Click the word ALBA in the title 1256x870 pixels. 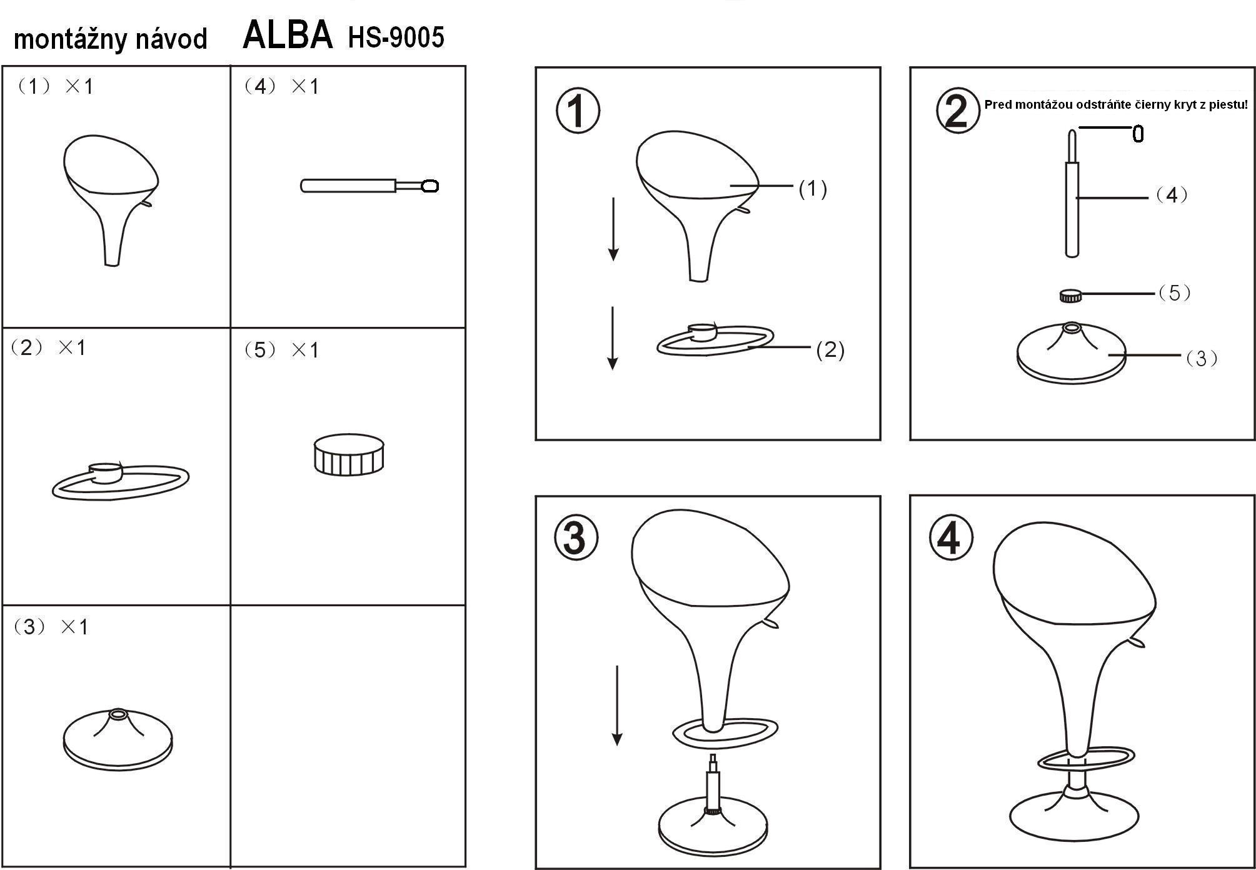288,35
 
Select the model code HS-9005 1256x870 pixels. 396,37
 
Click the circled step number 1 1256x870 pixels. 578,111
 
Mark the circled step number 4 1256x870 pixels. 951,537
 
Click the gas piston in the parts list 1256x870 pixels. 369,186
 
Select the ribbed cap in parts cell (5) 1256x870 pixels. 349,455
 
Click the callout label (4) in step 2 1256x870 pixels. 1171,195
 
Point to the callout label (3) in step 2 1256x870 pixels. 1201,359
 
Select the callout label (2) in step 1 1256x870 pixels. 830,350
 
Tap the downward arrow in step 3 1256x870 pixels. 617,706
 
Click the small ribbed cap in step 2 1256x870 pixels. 1070,296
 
